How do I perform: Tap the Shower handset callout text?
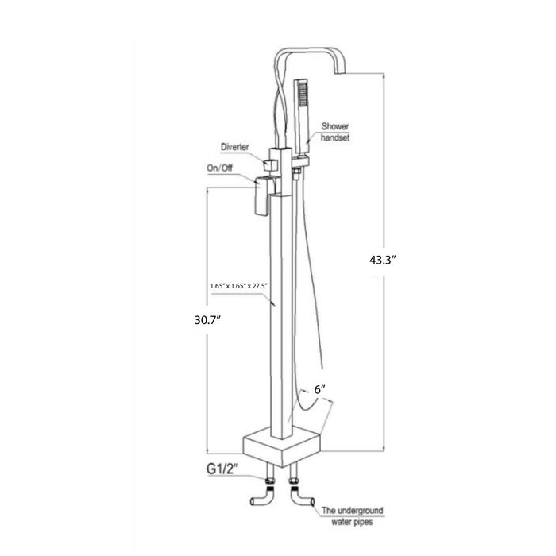click(335, 132)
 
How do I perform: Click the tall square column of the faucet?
click(282, 318)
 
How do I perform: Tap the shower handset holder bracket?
click(299, 165)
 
